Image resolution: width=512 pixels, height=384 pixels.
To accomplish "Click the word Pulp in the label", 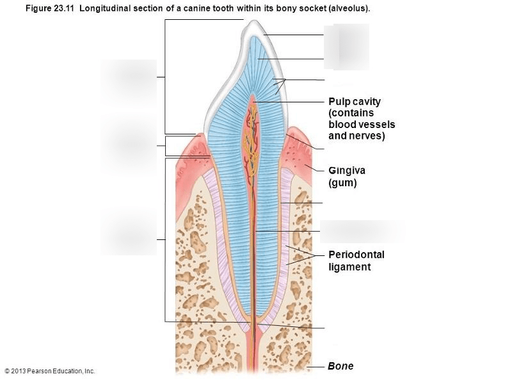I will pos(340,102).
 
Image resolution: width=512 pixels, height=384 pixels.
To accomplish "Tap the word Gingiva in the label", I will pos(346,171).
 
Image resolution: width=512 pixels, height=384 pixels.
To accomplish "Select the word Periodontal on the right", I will pos(356,255).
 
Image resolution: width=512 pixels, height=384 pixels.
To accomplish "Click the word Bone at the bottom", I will pos(340,366).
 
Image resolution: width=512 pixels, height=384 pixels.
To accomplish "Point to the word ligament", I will pos(349,267).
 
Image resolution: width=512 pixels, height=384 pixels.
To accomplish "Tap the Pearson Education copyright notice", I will pos(49,371).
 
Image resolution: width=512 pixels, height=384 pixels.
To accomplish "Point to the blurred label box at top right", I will pos(346,46).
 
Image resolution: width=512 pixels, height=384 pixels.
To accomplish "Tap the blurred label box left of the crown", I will pos(129,81).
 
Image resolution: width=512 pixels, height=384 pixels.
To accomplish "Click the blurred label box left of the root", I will pos(129,232).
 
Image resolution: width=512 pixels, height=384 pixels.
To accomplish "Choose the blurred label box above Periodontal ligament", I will pos(362,231).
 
